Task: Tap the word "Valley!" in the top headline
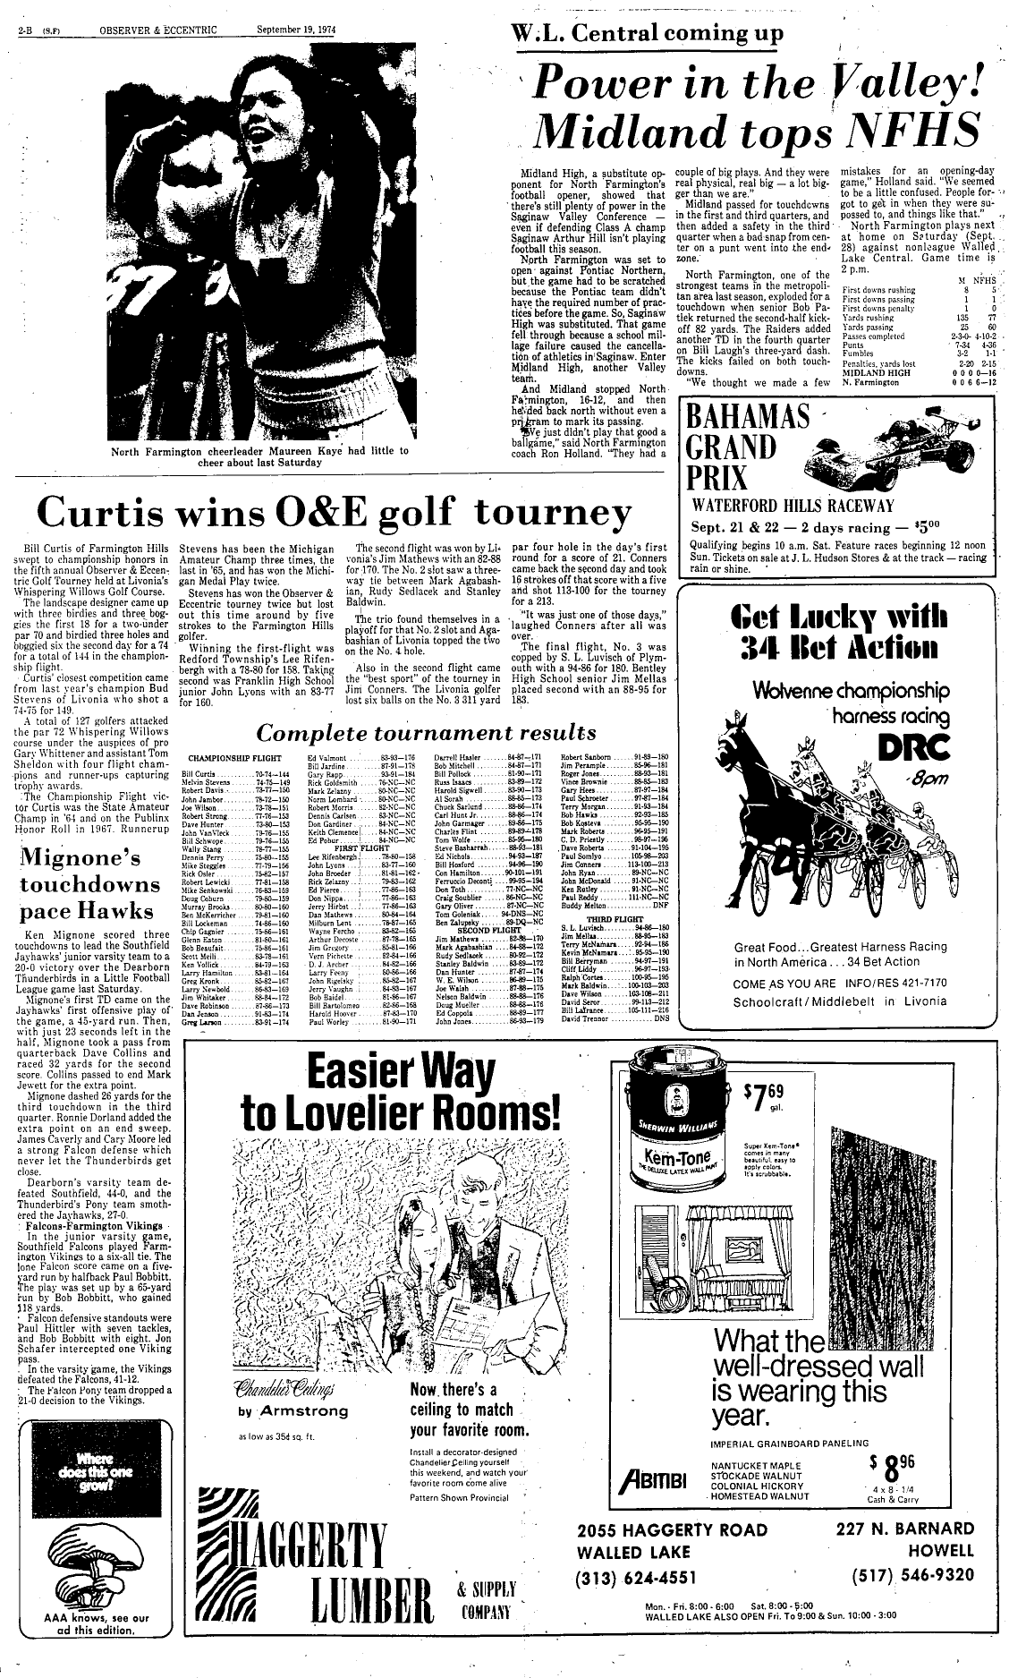tap(903, 85)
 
